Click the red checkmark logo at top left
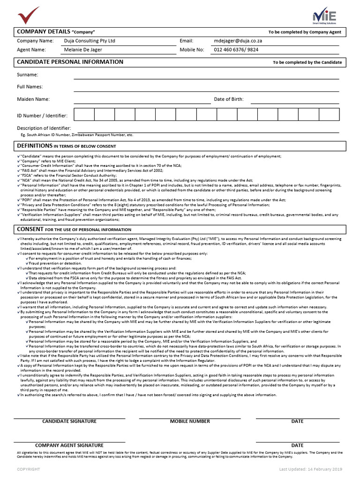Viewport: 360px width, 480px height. (x=29, y=15)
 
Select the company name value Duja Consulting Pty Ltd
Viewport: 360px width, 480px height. (x=90, y=41)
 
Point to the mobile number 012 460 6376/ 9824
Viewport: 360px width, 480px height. (x=236, y=50)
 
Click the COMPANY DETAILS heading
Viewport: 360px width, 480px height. (x=44, y=31)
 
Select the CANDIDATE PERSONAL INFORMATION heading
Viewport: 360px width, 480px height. (x=70, y=62)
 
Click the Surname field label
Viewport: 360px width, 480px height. (x=28, y=75)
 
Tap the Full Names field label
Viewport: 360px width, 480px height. (x=30, y=87)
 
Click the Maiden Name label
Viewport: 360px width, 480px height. (x=33, y=99)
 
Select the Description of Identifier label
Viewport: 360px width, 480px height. (x=44, y=128)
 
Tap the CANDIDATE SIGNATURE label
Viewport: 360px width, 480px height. (x=69, y=421)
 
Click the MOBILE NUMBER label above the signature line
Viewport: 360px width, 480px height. (x=190, y=421)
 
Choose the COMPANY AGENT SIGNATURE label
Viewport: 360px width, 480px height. (x=69, y=445)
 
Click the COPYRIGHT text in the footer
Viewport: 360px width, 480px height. (x=29, y=469)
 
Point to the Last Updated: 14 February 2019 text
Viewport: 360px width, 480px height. (x=311, y=469)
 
